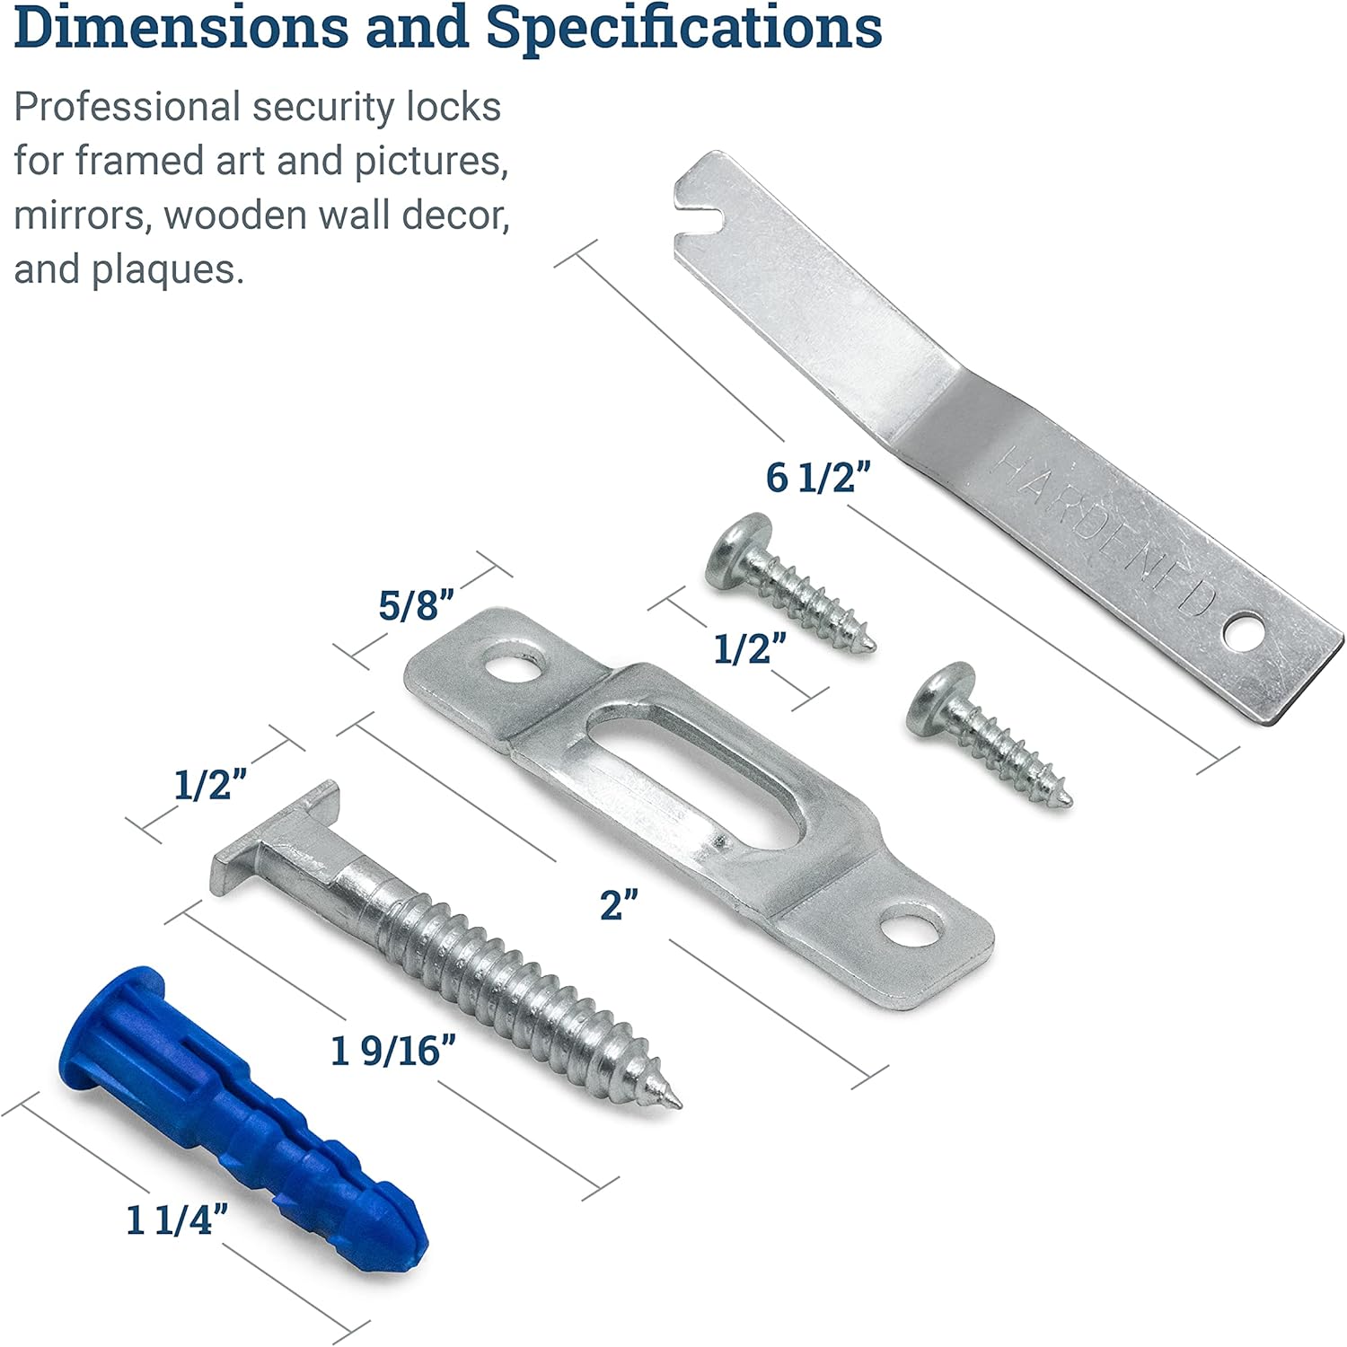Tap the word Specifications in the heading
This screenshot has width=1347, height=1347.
tap(684, 29)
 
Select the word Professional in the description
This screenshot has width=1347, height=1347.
tap(127, 108)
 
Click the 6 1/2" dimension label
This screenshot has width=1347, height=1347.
tap(818, 478)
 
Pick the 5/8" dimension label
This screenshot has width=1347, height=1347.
tap(416, 605)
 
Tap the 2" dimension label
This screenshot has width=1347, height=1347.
tap(619, 904)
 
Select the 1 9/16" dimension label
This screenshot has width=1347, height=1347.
tap(393, 1051)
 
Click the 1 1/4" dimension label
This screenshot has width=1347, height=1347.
tap(177, 1220)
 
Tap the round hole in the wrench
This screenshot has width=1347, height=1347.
tap(1244, 630)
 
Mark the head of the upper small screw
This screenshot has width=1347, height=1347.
tap(738, 550)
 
